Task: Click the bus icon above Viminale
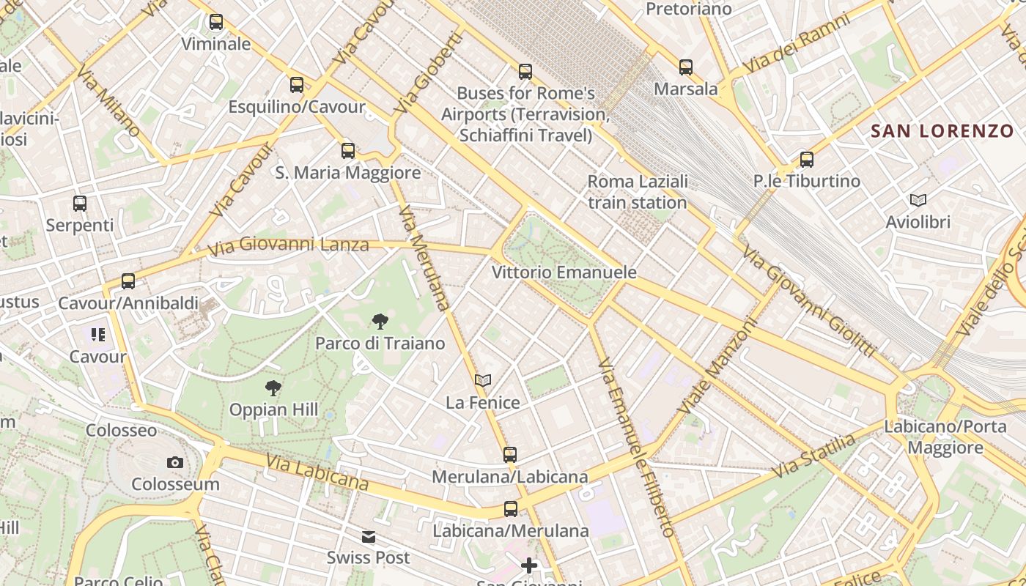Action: [215, 22]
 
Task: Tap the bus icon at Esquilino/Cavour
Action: [297, 85]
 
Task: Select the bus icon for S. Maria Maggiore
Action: [348, 151]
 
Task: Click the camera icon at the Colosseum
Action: [174, 462]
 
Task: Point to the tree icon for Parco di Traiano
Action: [380, 321]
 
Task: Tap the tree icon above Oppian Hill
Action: [273, 387]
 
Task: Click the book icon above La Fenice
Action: [482, 380]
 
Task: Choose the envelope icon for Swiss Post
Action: [369, 537]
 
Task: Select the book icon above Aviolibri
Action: [918, 200]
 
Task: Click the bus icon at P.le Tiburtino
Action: [807, 159]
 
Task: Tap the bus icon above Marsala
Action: [686, 67]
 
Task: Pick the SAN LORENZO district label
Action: [942, 132]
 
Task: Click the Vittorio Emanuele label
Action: [564, 272]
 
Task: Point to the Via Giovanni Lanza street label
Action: [288, 245]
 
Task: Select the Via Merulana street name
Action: [424, 258]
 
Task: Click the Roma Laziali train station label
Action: [638, 192]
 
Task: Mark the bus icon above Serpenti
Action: [80, 203]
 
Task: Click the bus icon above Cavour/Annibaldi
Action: [128, 281]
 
